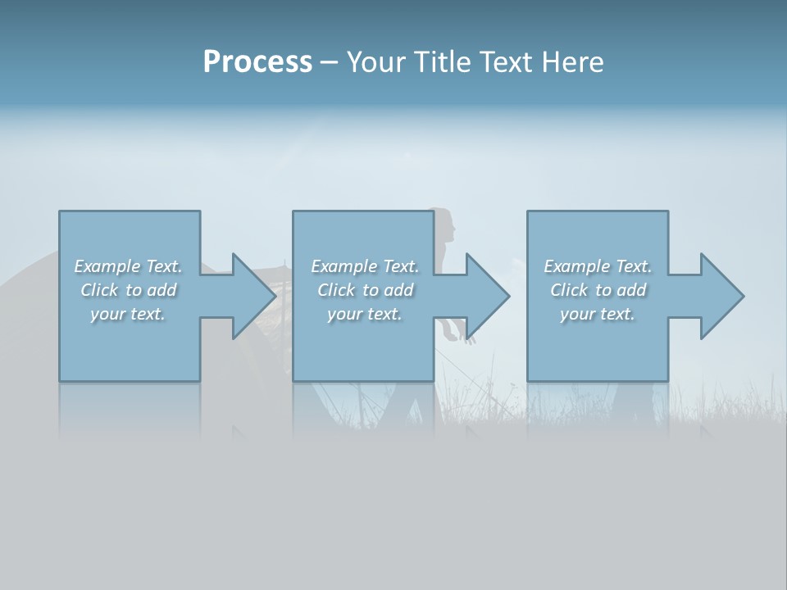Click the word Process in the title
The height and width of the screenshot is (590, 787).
(x=257, y=62)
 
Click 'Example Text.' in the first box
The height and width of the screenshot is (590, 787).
(x=128, y=266)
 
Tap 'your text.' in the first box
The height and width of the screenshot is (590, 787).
(x=128, y=314)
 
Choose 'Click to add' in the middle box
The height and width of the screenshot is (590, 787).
(x=365, y=290)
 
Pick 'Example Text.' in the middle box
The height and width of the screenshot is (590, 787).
(x=365, y=266)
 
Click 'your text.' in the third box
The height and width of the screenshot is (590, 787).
(x=598, y=314)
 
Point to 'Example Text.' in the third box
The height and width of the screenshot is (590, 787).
(x=598, y=266)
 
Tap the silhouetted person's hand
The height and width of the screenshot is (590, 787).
(x=471, y=338)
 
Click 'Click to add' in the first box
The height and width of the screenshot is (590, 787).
(x=128, y=290)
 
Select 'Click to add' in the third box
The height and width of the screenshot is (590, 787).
(x=598, y=290)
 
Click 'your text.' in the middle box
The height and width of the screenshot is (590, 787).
(x=365, y=314)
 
